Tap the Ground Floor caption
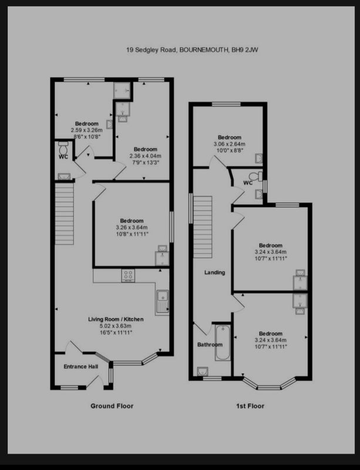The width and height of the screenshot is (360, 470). point(112,406)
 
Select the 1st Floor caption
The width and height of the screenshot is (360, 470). point(250,406)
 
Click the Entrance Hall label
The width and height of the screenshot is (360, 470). point(81,366)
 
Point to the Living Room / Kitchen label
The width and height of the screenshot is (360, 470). point(116,319)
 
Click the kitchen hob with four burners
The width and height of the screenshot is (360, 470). point(128,276)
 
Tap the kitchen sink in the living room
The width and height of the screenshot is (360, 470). point(163,302)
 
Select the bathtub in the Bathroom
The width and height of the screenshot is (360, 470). point(223,343)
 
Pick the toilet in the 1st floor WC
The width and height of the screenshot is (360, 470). point(255,175)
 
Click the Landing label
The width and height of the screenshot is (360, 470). point(214,273)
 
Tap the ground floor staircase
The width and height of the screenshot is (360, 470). point(64,214)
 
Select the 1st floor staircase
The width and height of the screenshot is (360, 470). point(203,227)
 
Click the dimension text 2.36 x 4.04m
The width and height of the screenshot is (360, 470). point(146,156)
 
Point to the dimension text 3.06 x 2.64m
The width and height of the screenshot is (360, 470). point(229,144)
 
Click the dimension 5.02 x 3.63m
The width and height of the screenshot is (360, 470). point(116,326)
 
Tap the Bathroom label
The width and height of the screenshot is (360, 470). point(210,345)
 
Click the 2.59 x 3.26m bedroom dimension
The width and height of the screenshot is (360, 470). point(87,130)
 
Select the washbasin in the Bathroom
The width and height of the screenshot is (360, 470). point(203,371)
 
